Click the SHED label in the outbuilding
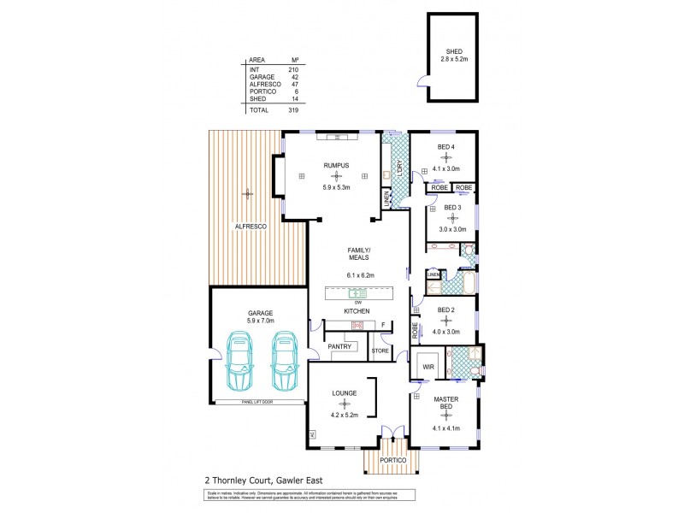click(x=442, y=51)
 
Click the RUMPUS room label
click(x=334, y=165)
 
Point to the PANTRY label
click(x=341, y=346)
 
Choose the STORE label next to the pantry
click(x=380, y=351)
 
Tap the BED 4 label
click(x=445, y=147)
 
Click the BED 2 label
click(x=445, y=310)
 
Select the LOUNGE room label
click(x=345, y=393)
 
